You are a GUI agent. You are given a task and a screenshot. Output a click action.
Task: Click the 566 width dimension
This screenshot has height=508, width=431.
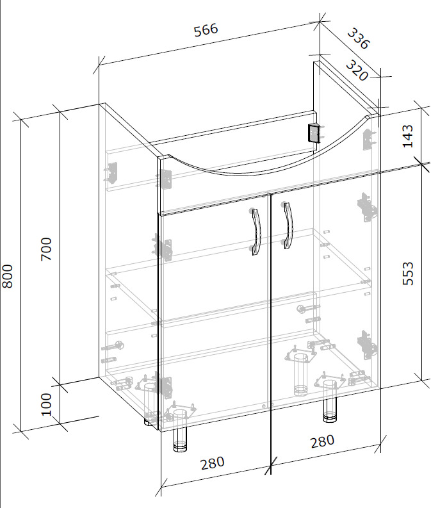(x=206, y=30)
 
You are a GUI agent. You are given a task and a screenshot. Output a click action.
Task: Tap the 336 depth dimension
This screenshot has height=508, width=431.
(x=358, y=38)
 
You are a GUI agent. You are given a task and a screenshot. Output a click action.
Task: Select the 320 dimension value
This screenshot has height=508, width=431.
(x=357, y=70)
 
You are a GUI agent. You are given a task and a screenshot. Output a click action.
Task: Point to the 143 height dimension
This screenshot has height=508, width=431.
(x=408, y=136)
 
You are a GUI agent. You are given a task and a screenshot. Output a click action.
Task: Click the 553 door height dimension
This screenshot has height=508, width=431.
(x=408, y=274)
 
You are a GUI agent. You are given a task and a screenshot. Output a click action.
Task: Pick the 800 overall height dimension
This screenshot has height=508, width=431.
(x=7, y=276)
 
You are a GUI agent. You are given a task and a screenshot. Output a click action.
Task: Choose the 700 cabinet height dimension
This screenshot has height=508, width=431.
(x=46, y=249)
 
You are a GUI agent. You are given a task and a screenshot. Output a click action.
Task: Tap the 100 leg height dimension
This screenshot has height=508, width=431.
(x=46, y=404)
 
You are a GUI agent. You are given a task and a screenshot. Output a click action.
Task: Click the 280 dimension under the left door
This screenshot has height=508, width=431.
(x=213, y=463)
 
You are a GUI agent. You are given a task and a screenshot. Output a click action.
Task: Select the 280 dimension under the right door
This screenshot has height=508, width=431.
(x=322, y=441)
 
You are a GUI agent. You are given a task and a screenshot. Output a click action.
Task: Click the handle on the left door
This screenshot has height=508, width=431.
(x=256, y=231)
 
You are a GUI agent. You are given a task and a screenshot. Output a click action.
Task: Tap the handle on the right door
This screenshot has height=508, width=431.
(x=287, y=225)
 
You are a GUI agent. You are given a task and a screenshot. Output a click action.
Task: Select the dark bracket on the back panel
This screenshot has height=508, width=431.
(x=313, y=133)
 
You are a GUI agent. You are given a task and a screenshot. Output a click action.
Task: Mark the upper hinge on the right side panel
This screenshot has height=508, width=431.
(x=366, y=208)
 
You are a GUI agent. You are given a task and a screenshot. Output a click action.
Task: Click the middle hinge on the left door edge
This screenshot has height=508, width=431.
(x=162, y=248)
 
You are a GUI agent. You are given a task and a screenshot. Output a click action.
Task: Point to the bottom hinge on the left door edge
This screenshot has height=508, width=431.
(x=163, y=387)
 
